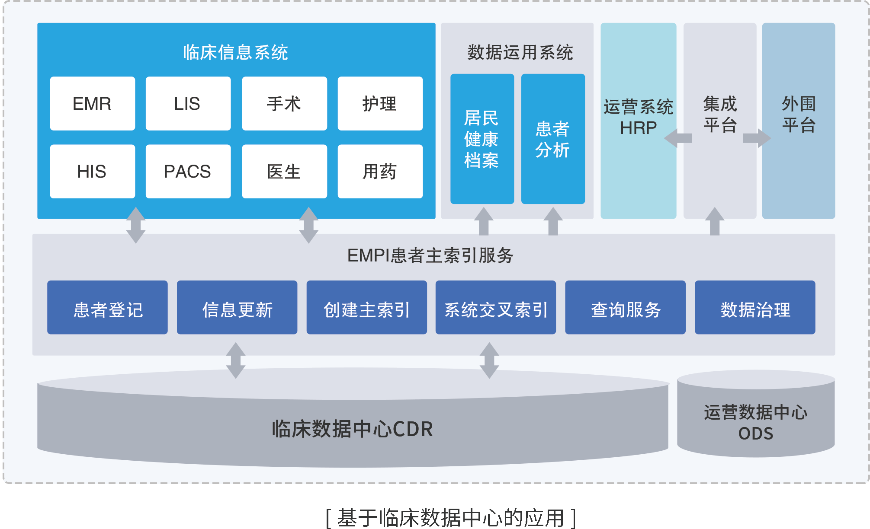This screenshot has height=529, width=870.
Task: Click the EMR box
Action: coord(92,104)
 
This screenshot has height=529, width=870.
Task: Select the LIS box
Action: coord(188,104)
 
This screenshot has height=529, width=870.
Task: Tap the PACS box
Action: coord(188,172)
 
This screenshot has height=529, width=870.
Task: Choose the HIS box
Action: coord(92,172)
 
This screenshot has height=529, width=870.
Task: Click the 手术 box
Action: coord(284,104)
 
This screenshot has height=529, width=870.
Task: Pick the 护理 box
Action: coord(380,104)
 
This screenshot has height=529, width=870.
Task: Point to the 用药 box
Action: coord(380,172)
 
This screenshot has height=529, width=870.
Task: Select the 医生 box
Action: coord(284,172)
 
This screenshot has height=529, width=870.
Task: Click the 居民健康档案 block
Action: coord(482,139)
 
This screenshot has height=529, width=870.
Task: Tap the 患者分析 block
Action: coord(553,139)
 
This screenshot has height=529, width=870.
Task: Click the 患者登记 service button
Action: coord(107,307)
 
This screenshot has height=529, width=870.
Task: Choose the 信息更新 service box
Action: coord(237,307)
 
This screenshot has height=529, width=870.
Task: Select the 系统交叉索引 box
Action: coord(496,307)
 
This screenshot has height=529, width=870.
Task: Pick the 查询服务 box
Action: coord(625,307)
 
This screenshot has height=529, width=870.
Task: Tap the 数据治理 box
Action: coord(755,307)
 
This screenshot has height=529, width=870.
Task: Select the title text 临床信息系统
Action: coord(236,52)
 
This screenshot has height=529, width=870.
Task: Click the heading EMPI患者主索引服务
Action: coord(430,255)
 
